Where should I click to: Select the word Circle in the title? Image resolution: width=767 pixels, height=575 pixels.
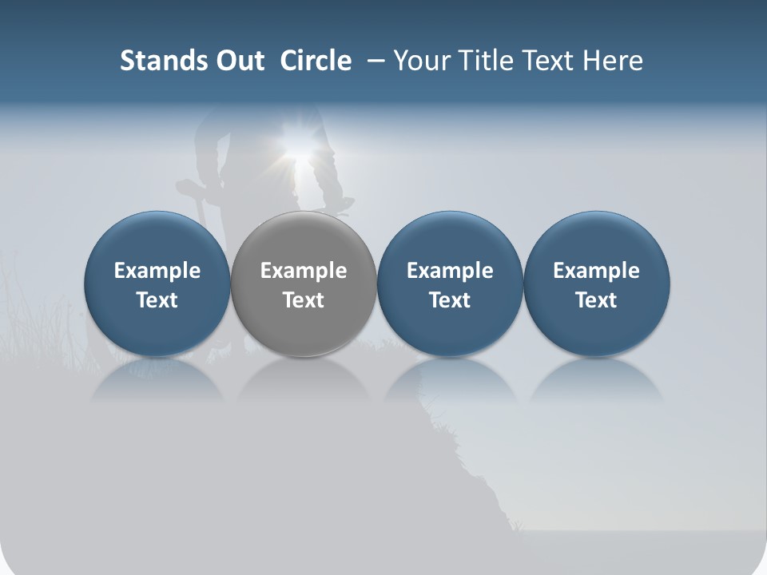[x=316, y=61]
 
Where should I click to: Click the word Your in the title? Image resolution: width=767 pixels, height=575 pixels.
[x=418, y=61]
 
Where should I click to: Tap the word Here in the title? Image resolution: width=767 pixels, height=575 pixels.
[x=613, y=61]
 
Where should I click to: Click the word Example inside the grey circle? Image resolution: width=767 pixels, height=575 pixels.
[x=304, y=271]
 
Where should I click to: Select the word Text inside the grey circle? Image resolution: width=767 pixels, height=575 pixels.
[x=304, y=300]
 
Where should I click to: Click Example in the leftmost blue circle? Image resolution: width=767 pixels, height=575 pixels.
[x=157, y=271]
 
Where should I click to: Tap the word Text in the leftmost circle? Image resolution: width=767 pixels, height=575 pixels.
[x=157, y=300]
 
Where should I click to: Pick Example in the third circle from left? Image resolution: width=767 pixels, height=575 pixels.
[x=450, y=271]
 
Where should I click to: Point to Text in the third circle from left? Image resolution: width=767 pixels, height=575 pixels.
[x=450, y=300]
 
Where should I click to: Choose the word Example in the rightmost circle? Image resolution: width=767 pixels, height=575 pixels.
[x=596, y=271]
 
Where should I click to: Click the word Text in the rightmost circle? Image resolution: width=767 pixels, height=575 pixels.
[x=596, y=300]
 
